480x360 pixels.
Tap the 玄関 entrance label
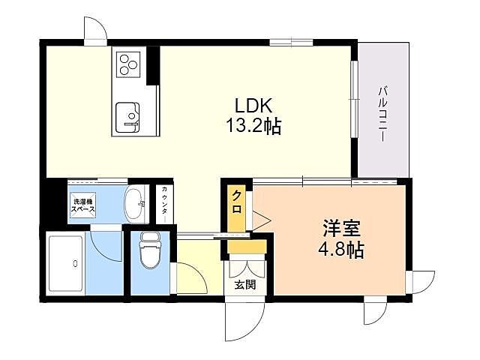[x=245, y=284]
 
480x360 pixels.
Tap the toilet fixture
[x=150, y=251]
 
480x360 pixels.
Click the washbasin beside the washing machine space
[x=135, y=202]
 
